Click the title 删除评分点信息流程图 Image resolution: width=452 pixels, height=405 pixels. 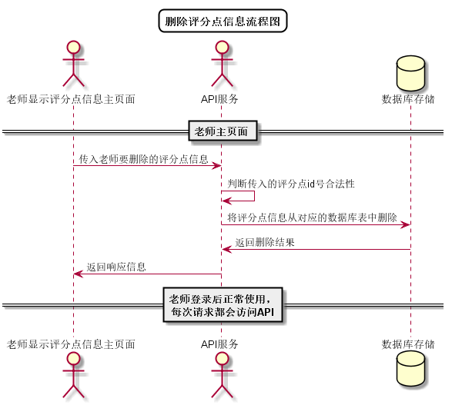223,21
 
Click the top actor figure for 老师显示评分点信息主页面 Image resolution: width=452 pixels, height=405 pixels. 72,65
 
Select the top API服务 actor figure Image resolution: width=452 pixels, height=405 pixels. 221,65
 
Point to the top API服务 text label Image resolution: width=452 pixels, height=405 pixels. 221,99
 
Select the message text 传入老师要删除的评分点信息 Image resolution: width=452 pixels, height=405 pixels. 143,160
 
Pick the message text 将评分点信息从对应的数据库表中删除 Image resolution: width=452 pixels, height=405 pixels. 312,217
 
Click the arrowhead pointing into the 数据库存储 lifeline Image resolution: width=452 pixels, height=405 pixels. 405,224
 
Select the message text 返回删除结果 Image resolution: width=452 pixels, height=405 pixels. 264,243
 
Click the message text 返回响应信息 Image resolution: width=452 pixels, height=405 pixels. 116,267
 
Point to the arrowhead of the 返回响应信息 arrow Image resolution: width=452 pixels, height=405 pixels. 78,274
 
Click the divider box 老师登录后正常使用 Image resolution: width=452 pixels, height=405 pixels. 223,306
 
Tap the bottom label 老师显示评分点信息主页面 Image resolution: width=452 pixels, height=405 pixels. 72,344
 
